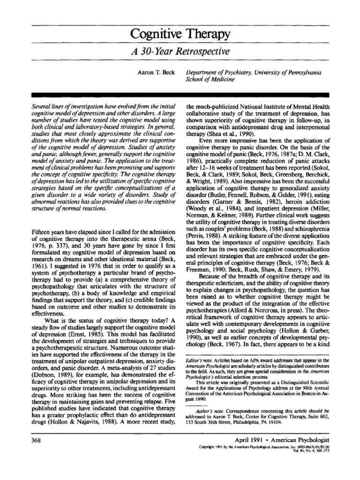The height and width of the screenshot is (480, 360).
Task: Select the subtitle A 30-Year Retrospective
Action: [x=180, y=51]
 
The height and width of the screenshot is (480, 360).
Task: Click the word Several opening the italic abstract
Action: [x=39, y=107]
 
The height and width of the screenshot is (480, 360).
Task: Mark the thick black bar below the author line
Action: [x=180, y=94]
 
